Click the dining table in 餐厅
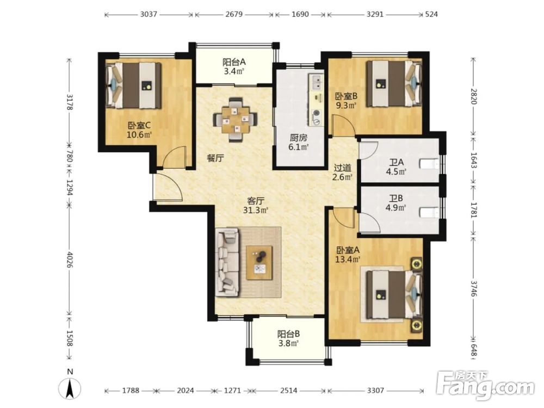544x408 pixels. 236,120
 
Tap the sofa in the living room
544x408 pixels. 227,262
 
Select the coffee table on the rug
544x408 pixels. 259,263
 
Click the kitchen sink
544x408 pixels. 317,82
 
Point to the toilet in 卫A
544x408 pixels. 429,163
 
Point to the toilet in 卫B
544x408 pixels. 429,212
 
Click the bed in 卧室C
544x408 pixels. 134,85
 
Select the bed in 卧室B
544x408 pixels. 394,84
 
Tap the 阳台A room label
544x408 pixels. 234,62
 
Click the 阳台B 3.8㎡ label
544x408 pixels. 288,338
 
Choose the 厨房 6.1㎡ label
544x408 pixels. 298,142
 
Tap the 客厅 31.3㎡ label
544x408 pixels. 256,206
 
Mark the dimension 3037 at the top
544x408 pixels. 149,14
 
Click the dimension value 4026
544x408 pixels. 70,260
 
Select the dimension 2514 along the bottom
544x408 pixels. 289,390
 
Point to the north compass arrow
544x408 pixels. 70,388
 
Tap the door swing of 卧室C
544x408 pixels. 175,157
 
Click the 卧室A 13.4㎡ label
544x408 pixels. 348,254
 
